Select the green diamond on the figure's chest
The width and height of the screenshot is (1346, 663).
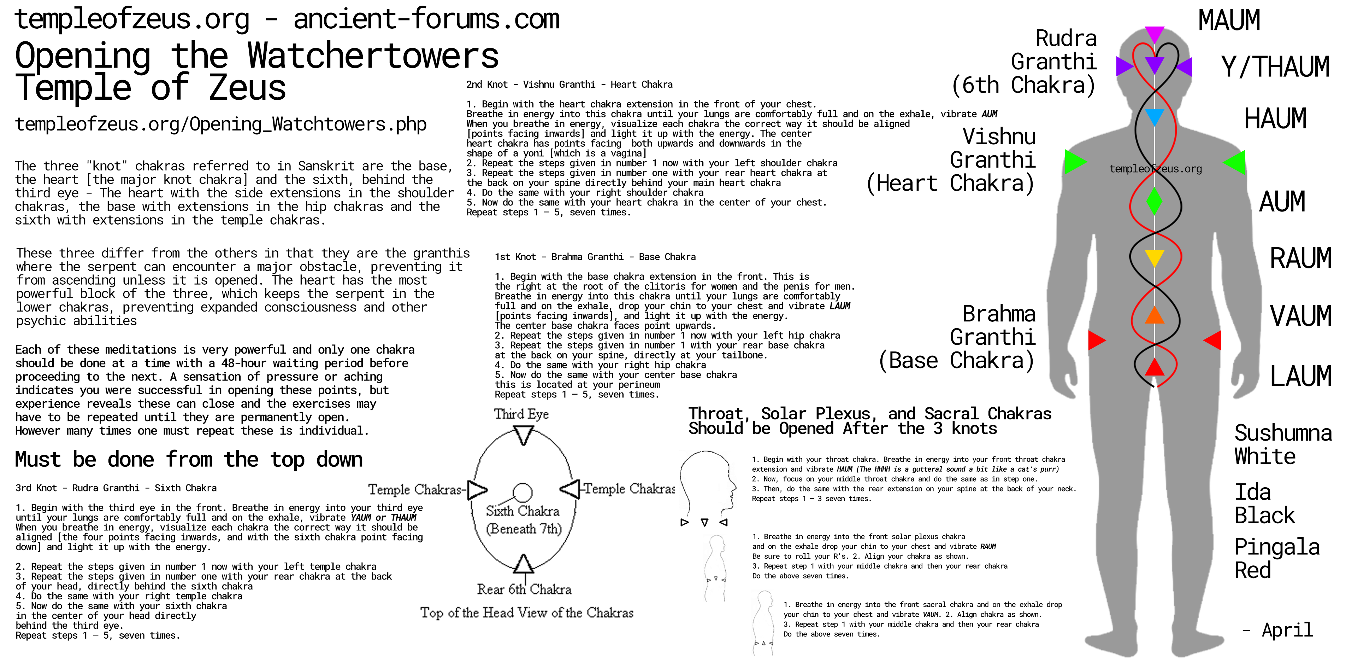click(x=1154, y=201)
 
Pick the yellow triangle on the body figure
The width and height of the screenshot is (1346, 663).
click(x=1154, y=257)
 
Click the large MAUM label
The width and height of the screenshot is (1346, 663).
click(x=1229, y=21)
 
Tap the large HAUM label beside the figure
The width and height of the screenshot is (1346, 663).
click(x=1275, y=119)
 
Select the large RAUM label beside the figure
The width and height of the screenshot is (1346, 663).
click(x=1300, y=258)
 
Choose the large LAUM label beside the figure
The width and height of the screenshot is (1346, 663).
click(x=1300, y=376)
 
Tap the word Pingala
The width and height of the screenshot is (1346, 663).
click(x=1276, y=547)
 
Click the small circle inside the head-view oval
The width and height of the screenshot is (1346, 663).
click(x=522, y=492)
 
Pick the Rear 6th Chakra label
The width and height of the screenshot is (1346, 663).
click(x=524, y=590)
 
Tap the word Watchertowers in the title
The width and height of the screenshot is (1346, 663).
click(x=373, y=56)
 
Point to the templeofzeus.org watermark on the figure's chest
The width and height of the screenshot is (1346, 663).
click(x=1155, y=169)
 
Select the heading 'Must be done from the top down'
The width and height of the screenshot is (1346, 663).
click(x=189, y=460)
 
